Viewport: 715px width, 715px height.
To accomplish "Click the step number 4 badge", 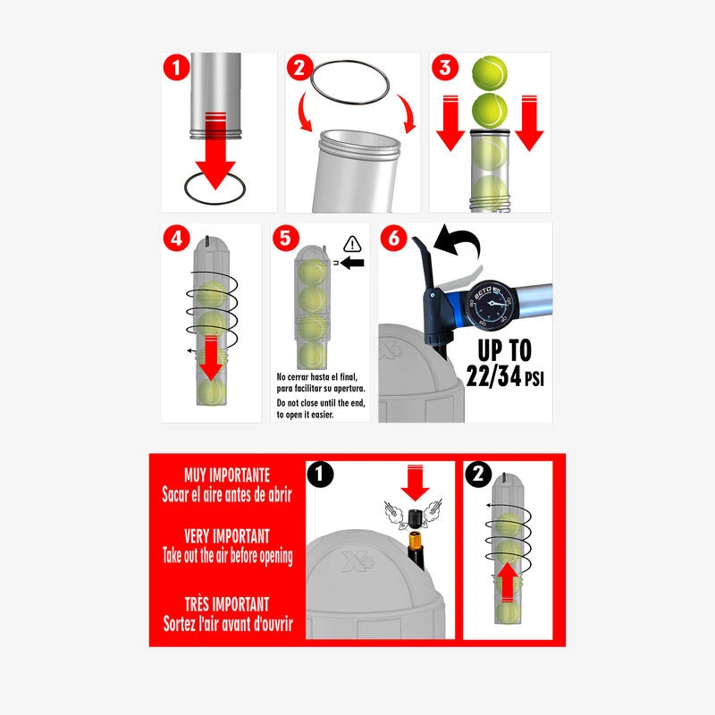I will (176, 239).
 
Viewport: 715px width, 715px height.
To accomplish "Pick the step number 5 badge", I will (285, 239).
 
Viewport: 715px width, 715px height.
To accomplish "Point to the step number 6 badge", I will (392, 239).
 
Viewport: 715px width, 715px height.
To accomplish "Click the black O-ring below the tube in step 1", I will (214, 189).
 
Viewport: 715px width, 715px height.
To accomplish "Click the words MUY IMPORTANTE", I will (226, 475).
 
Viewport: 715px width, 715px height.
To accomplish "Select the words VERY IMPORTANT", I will (226, 536).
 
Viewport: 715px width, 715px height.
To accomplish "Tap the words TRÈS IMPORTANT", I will (227, 604).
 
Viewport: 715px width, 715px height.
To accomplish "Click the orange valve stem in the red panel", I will (416, 542).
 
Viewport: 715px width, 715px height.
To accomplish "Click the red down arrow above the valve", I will (416, 482).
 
